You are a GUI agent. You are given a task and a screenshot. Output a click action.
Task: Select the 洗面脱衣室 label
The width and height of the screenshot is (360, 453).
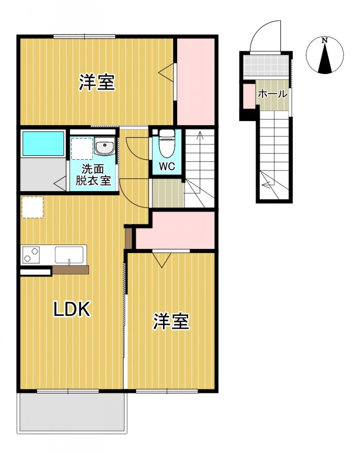[x=93, y=175]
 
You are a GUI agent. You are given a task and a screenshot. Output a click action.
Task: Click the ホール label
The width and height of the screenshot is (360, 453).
[x=272, y=94]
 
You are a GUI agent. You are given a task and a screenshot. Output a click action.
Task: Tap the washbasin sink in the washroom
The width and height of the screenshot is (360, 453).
[x=105, y=147]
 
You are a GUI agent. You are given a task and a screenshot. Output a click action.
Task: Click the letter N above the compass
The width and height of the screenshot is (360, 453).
[x=325, y=41]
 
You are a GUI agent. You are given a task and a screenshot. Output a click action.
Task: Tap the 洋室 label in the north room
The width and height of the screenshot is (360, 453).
[x=97, y=83]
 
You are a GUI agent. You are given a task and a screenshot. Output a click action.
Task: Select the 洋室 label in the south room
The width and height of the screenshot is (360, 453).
[x=171, y=322]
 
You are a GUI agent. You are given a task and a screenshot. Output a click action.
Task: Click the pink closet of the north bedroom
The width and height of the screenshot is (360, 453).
[x=196, y=81]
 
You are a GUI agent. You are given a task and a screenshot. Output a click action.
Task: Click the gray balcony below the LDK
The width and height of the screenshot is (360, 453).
[x=72, y=412]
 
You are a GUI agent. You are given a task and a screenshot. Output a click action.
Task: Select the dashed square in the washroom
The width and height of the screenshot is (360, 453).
[x=81, y=148]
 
